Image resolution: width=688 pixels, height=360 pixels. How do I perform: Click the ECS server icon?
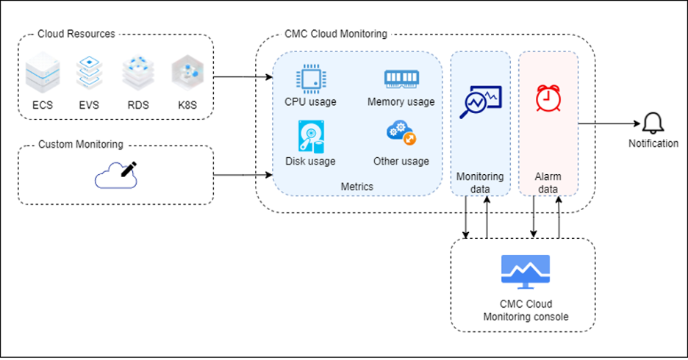coord(43,75)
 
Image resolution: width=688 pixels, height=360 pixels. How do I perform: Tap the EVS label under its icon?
coord(89,105)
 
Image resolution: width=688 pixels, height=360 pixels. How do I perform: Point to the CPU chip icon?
coord(310,79)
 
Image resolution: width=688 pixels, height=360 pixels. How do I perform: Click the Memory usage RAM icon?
coord(401,79)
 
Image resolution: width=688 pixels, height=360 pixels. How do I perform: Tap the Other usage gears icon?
coord(401,134)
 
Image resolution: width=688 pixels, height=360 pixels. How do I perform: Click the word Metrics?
coord(357,187)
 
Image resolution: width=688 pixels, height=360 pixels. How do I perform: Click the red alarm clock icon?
coord(545,98)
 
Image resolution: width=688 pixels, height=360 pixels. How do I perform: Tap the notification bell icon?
coord(652,123)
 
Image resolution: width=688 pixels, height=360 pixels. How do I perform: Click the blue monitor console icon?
coord(525,270)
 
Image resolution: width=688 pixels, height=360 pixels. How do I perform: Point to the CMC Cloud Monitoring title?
coord(335,34)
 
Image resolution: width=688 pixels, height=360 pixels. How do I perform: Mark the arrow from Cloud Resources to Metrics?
coord(243,76)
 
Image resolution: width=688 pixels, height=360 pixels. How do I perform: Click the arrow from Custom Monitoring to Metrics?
coord(243,176)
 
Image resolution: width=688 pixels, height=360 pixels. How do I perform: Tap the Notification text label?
coord(653,143)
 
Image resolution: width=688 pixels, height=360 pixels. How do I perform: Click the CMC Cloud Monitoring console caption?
coord(526,310)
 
